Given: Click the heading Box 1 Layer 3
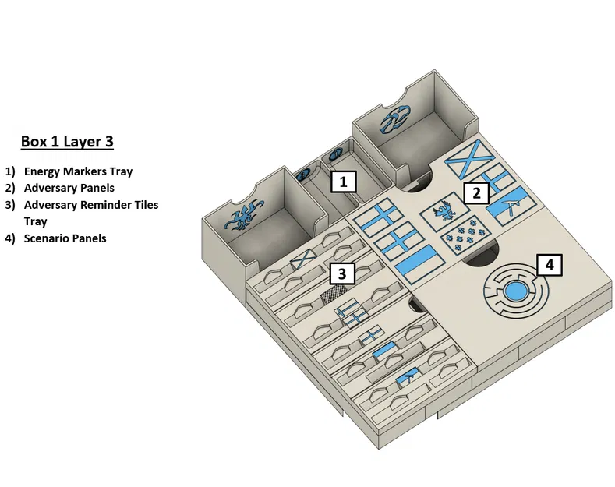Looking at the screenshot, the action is (67, 142).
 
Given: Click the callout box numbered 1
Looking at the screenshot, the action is (344, 182).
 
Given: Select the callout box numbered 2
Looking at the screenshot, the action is (476, 193).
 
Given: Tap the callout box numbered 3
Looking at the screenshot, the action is (342, 273).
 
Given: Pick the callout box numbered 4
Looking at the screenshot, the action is (550, 265).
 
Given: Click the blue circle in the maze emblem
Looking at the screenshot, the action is (516, 291).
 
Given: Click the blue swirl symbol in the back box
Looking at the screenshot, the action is (395, 119).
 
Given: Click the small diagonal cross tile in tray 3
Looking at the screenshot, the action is (303, 259).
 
